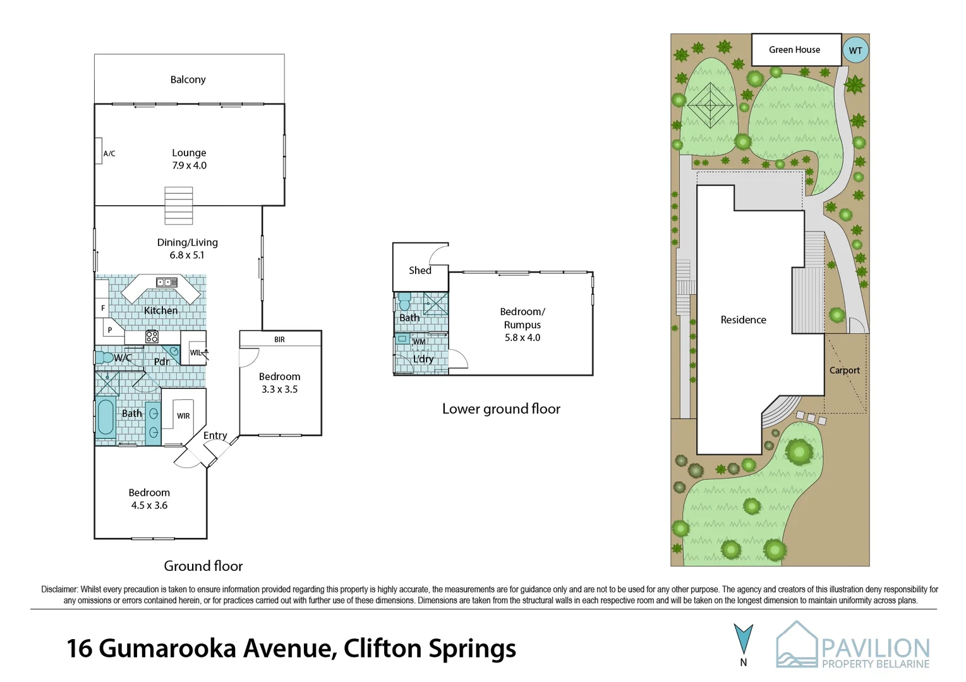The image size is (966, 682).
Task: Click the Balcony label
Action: [188, 80]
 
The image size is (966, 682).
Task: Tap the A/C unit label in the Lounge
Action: [109, 153]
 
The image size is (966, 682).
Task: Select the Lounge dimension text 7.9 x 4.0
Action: [189, 165]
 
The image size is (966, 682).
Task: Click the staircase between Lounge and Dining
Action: [179, 206]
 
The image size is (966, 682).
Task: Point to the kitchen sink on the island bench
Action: [167, 282]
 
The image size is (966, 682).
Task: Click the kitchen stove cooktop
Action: [152, 337]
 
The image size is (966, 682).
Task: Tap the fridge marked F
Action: [103, 308]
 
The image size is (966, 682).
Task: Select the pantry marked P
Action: [109, 330]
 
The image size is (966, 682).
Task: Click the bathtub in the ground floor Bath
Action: [106, 418]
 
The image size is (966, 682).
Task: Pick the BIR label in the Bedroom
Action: [279, 340]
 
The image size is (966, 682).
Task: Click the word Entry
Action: [215, 436]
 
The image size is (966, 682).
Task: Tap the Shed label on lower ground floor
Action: [420, 270]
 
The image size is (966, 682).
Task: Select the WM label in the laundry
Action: [419, 342]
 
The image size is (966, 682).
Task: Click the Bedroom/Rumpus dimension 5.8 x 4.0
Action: [522, 338]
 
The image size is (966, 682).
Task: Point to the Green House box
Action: [795, 50]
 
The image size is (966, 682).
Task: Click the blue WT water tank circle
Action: [855, 51]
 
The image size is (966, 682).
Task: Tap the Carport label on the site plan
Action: [844, 371]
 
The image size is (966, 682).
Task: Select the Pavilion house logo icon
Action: [796, 644]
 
